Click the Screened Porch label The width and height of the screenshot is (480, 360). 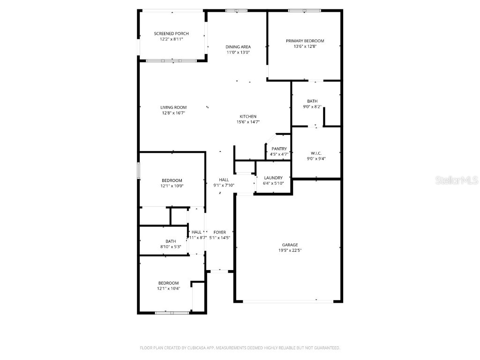pyautogui.click(x=171, y=34)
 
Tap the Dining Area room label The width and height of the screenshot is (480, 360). pyautogui.click(x=238, y=47)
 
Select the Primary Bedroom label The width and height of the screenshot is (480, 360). pyautogui.click(x=305, y=41)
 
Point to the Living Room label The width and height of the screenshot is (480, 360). pyautogui.click(x=173, y=107)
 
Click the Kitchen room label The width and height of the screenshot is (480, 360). pyautogui.click(x=248, y=117)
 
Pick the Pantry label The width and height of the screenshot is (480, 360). pyautogui.click(x=279, y=149)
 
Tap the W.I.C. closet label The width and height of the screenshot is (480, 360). pyautogui.click(x=315, y=153)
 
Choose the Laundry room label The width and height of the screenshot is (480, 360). pyautogui.click(x=273, y=178)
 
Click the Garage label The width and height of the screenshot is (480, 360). pyautogui.click(x=290, y=245)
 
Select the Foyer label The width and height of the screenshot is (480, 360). pyautogui.click(x=219, y=232)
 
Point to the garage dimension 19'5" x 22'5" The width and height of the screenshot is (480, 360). pyautogui.click(x=290, y=251)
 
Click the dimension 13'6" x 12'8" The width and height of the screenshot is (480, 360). pyautogui.click(x=305, y=46)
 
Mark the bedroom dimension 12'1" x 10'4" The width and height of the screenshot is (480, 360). pyautogui.click(x=168, y=289)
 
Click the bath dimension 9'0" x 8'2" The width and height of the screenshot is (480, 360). pyautogui.click(x=312, y=107)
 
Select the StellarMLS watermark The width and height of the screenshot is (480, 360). pyautogui.click(x=456, y=180)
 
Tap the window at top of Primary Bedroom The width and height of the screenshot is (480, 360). pyautogui.click(x=305, y=10)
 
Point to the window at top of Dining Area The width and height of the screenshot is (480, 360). pyautogui.click(x=236, y=10)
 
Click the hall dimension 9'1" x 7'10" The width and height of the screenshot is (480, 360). pyautogui.click(x=224, y=185)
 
